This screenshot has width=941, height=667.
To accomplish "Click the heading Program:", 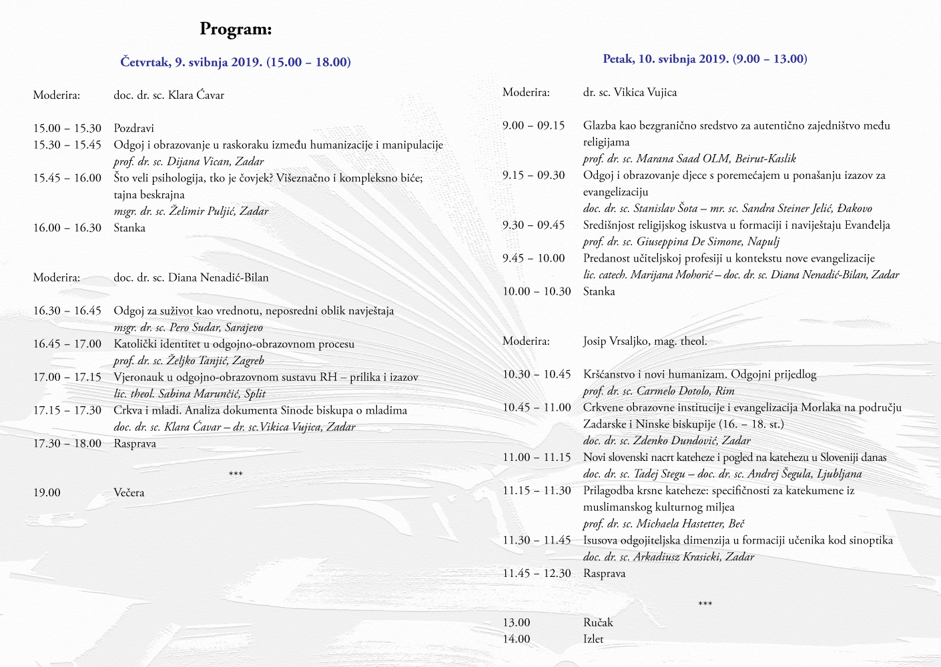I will coord(236,29).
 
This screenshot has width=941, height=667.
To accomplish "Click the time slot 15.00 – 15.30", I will coord(67,128).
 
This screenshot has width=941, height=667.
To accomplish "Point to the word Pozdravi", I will coord(133,128).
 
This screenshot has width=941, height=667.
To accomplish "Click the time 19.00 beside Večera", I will coord(47,493).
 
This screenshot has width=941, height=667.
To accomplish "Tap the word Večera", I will coord(129,493).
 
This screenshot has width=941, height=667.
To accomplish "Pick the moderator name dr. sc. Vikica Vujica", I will coord(629,92).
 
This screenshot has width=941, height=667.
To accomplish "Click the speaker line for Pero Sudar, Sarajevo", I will coord(188,327).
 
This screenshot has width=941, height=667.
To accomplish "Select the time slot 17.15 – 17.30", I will coord(67,410).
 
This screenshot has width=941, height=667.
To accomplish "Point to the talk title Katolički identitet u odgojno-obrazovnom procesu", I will coord(234,344).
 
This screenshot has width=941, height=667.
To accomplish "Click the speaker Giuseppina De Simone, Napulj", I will coord(681,241).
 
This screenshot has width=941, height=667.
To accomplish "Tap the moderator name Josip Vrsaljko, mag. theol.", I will coord(645,341).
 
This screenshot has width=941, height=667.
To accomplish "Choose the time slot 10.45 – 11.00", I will coord(537,408).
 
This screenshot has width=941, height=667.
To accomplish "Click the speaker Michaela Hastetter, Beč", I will coord(663,524).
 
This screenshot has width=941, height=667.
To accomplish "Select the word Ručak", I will coord(597,622).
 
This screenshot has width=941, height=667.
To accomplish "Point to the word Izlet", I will coord(593,639).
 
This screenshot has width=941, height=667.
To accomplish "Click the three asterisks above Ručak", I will coord(705,604).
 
